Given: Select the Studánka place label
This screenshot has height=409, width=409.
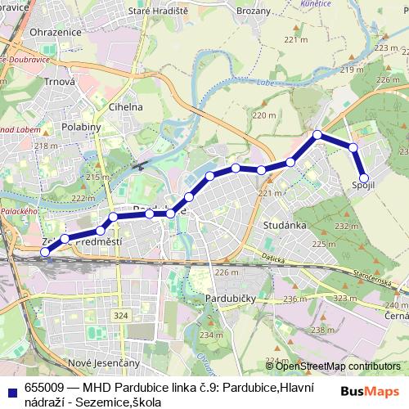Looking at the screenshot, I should tap(285, 223).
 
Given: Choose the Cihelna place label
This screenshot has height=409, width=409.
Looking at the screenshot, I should tap(126, 106).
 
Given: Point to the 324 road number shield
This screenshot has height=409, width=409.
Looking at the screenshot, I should tap(122, 315).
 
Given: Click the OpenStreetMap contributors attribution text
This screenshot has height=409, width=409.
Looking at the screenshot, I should tap(335, 366).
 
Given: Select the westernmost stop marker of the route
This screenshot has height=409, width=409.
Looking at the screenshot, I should tap(46, 252).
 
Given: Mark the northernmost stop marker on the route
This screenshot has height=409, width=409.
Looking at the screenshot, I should tap(318, 135).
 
